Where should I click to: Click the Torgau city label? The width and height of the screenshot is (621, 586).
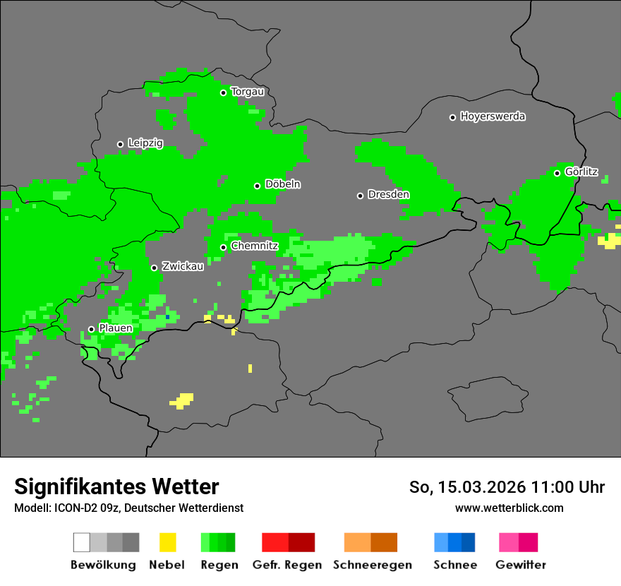247,92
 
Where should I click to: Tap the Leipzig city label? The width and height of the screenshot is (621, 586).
145,143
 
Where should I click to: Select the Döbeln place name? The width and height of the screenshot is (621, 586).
282,184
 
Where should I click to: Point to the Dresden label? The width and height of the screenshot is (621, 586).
388,195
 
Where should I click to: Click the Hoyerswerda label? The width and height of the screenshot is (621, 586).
493,116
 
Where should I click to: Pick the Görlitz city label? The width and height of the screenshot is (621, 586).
581,172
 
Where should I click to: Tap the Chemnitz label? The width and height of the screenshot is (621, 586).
255,246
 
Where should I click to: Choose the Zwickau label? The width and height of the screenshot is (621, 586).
183,267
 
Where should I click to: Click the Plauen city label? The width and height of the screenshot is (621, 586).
116,328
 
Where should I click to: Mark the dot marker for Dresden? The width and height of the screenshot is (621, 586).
360,196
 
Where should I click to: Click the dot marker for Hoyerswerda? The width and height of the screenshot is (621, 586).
453,117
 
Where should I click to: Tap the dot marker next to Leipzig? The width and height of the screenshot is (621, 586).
120,144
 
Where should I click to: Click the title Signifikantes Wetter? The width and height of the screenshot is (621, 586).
116,487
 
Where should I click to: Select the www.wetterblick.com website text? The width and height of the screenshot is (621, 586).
509,508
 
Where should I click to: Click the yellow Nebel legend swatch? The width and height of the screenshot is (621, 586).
167,542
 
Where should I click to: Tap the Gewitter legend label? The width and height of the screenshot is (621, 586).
521,565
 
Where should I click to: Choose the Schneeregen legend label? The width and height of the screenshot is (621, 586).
373,565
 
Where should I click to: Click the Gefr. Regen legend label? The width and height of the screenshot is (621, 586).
287,565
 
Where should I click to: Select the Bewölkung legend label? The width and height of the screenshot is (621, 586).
103,565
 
